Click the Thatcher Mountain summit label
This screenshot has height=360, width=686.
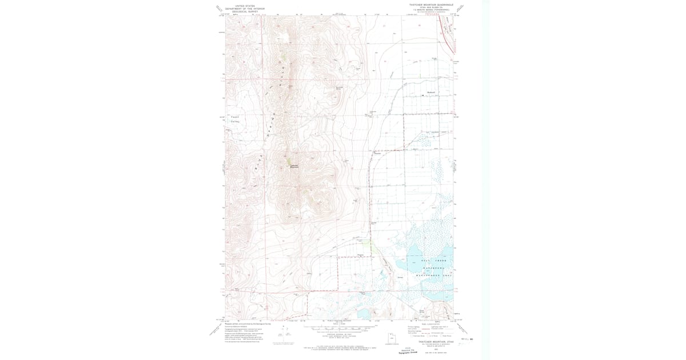(x=294, y=166)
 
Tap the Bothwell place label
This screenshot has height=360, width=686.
(x=432, y=93)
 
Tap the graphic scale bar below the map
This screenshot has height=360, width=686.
(x=343, y=330)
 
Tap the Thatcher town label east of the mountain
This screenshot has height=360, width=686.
(x=377, y=153)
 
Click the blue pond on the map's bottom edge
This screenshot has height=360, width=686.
(x=365, y=314)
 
